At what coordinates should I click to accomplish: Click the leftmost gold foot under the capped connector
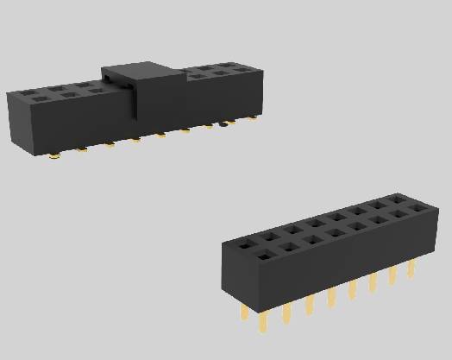54,156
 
